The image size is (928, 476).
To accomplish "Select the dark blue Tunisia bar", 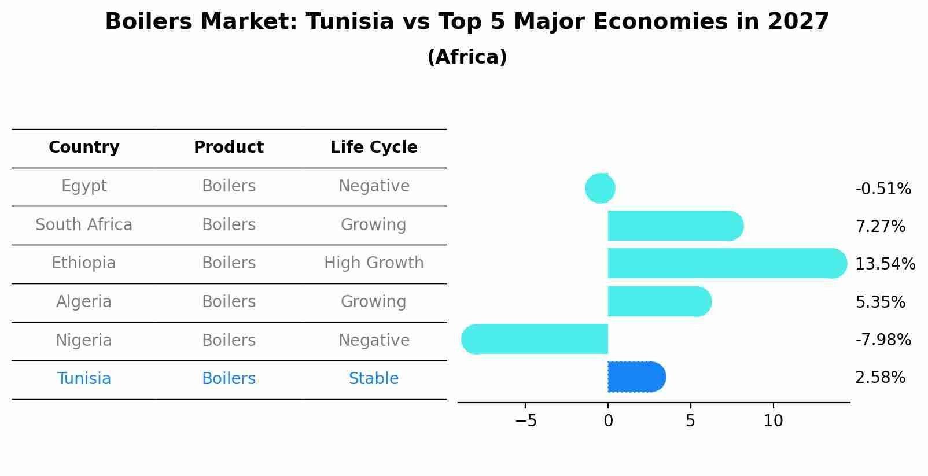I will pyautogui.click(x=635, y=377).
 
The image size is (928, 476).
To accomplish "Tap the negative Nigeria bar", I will pyautogui.click(x=535, y=340).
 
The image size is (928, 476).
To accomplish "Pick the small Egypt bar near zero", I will pyautogui.click(x=600, y=188).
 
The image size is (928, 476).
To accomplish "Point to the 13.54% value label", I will pyautogui.click(x=885, y=264).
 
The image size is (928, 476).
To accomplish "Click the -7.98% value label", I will pyautogui.click(x=883, y=340).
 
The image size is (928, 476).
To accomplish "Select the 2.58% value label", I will pyautogui.click(x=880, y=378).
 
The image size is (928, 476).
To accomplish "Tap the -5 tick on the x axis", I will pyautogui.click(x=525, y=421).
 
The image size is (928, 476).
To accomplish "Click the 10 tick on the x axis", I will pyautogui.click(x=773, y=421).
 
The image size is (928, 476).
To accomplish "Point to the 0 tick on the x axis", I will pyautogui.click(x=608, y=421).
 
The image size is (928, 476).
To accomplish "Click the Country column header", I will pyautogui.click(x=84, y=147).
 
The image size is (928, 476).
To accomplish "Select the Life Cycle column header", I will pyautogui.click(x=374, y=147).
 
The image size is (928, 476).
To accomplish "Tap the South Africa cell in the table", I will pyautogui.click(x=84, y=225).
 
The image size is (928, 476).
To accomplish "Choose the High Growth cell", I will pyautogui.click(x=374, y=263).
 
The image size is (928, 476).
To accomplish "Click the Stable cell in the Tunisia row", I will pyautogui.click(x=374, y=379).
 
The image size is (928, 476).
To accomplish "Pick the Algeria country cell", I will pyautogui.click(x=84, y=302).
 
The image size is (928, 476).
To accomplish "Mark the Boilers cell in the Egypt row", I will pyautogui.click(x=229, y=186).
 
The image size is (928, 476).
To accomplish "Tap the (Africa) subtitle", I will pyautogui.click(x=467, y=57).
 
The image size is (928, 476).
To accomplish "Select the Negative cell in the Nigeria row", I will pyautogui.click(x=374, y=341).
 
